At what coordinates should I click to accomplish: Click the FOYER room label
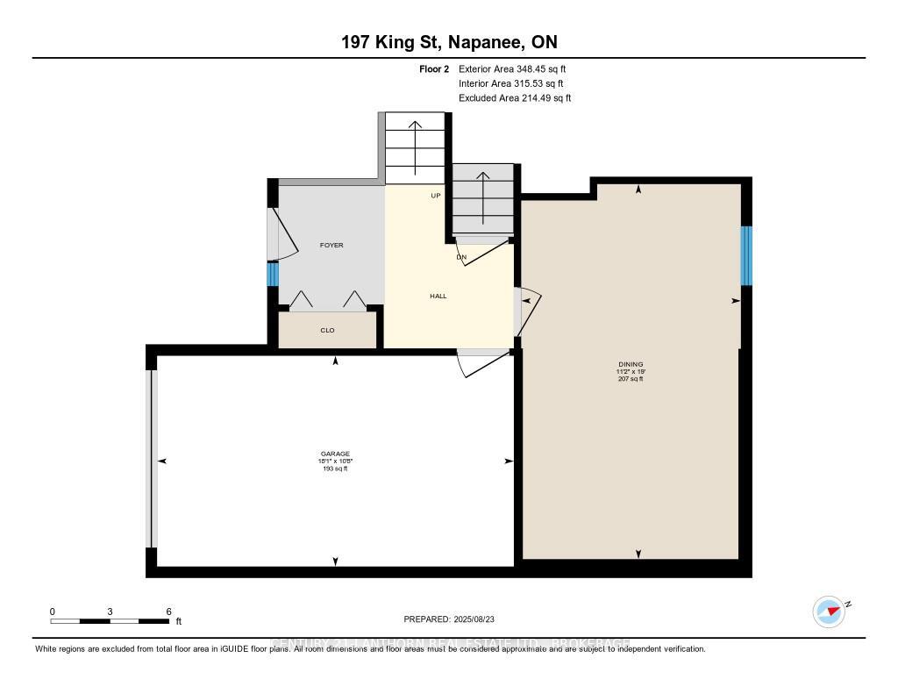331,246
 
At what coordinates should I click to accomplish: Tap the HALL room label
438,297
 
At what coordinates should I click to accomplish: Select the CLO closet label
327,331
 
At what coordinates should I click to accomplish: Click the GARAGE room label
335,454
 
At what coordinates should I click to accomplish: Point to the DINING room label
631,364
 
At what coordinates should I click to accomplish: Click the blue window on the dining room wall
746,256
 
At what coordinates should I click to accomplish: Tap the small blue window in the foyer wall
273,275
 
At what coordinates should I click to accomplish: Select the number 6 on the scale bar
168,612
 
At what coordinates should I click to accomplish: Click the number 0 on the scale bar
53,612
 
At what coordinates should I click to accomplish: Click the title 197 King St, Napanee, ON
449,42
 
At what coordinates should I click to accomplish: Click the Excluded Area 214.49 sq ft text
515,98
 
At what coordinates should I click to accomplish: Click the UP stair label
435,196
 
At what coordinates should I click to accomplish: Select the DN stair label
461,258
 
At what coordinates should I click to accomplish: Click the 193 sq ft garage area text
335,469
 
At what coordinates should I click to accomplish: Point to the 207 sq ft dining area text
631,379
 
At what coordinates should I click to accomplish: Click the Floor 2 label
434,68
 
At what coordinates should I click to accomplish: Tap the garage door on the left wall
152,459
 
